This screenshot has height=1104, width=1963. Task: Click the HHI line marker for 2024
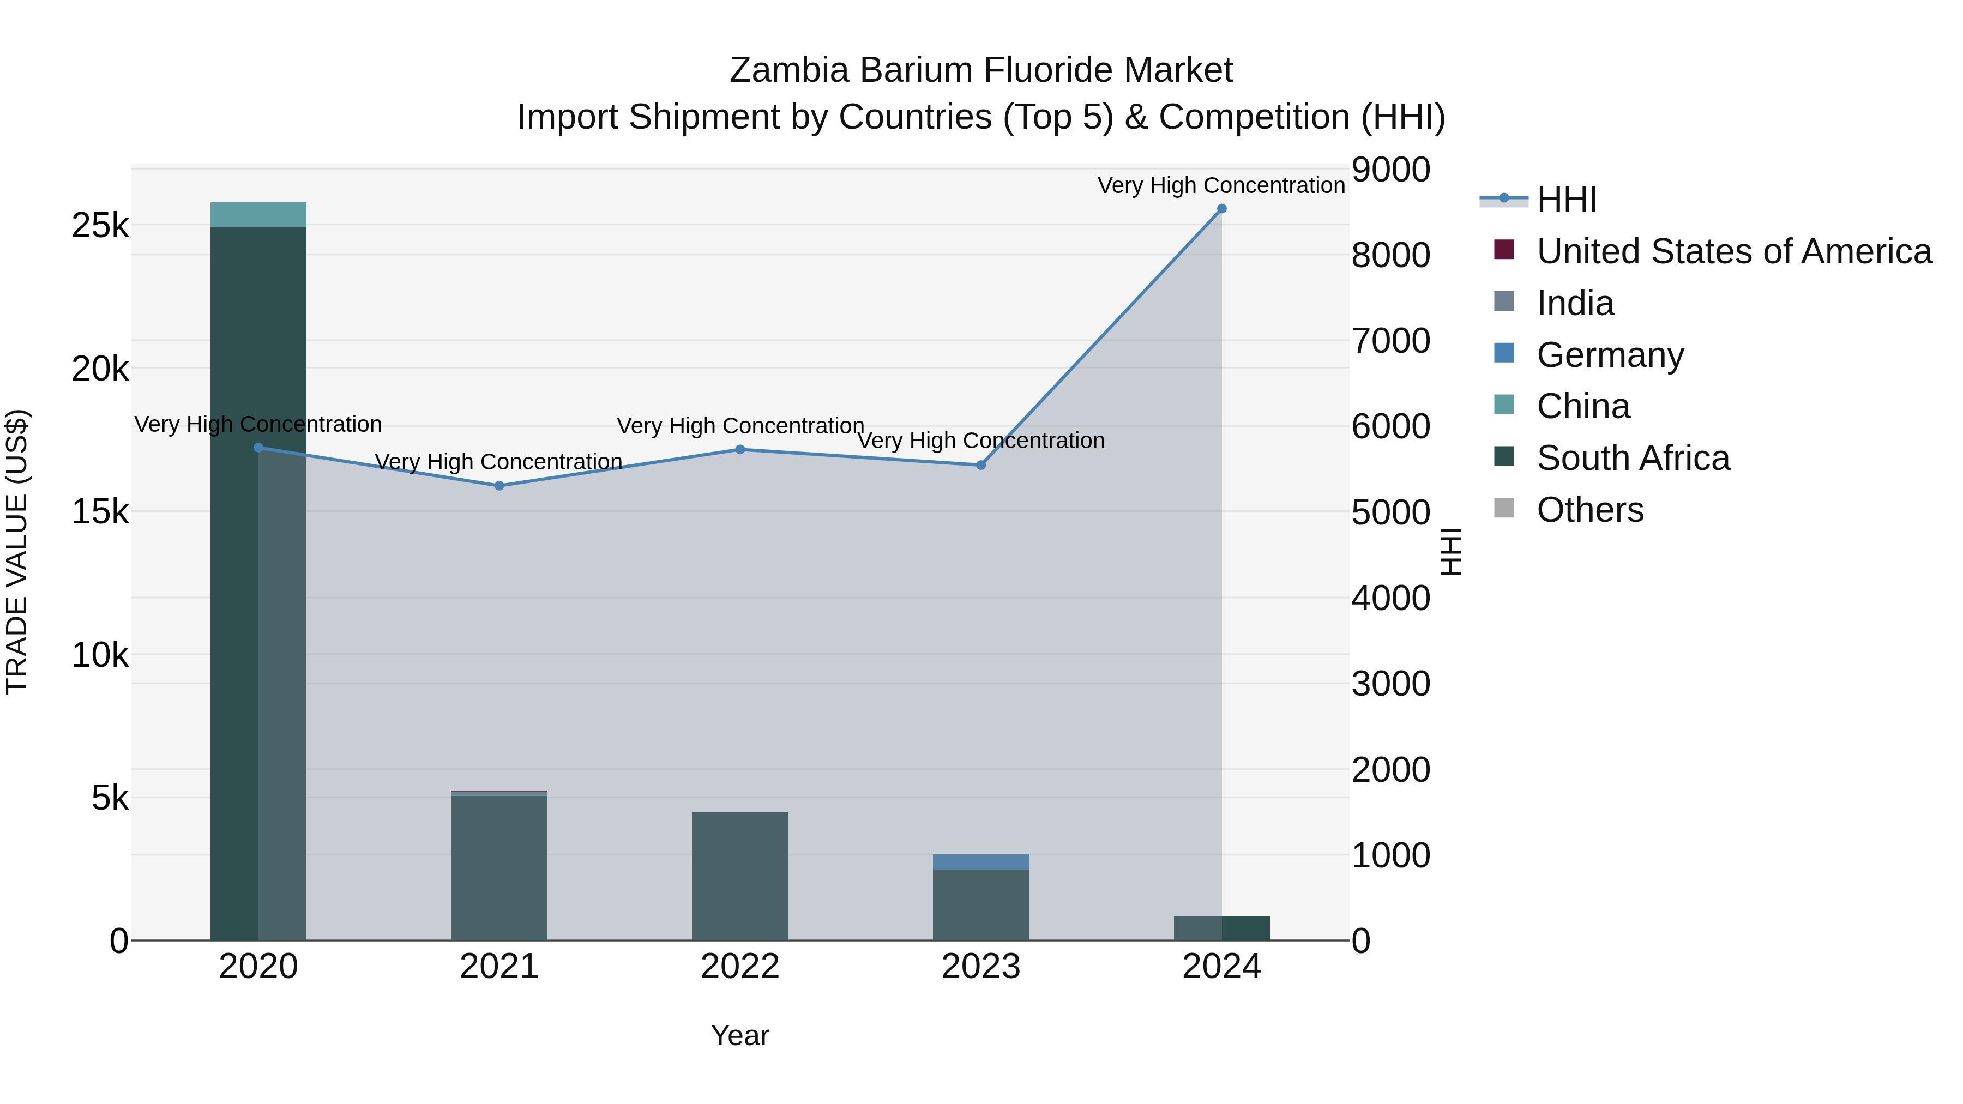pyautogui.click(x=1221, y=209)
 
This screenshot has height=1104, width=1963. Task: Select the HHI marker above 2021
pyautogui.click(x=499, y=485)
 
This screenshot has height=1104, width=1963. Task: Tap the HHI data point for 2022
pyautogui.click(x=740, y=450)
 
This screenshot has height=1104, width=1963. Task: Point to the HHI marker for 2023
pyautogui.click(x=981, y=464)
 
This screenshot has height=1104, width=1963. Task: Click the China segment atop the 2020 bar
pyautogui.click(x=258, y=215)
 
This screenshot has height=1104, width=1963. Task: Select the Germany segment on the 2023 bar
pyautogui.click(x=981, y=862)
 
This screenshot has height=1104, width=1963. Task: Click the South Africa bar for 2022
pyautogui.click(x=740, y=876)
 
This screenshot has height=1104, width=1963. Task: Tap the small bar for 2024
pyautogui.click(x=1221, y=928)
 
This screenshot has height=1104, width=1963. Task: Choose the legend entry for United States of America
pyautogui.click(x=1733, y=251)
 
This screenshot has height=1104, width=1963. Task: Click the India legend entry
pyautogui.click(x=1575, y=303)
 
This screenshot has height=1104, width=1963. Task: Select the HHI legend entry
pyautogui.click(x=1566, y=200)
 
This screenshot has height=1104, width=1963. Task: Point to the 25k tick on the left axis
pyautogui.click(x=100, y=226)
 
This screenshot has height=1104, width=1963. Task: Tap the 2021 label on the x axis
pyautogui.click(x=499, y=967)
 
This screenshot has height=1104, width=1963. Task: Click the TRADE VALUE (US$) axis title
pyautogui.click(x=17, y=552)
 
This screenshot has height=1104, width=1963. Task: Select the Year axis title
pyautogui.click(x=740, y=1035)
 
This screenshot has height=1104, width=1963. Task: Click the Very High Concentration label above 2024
pyautogui.click(x=1221, y=185)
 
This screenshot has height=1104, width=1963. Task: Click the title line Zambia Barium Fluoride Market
pyautogui.click(x=981, y=70)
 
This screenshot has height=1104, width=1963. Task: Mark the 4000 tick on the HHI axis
pyautogui.click(x=1390, y=598)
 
